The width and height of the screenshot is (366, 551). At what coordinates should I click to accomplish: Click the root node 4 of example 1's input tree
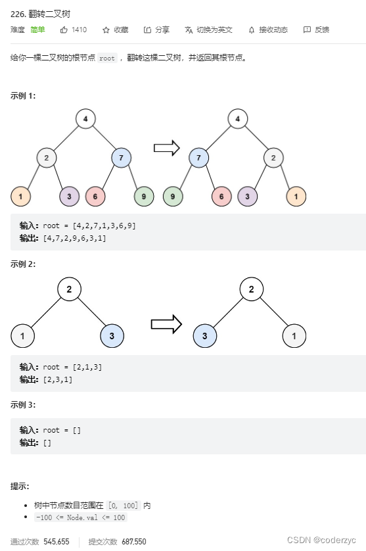click(85, 119)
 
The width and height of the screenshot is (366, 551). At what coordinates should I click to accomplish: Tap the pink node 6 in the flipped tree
click(222, 196)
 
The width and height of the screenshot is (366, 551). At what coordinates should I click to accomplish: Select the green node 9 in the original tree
click(144, 196)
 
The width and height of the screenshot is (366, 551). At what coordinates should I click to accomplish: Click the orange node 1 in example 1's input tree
click(21, 196)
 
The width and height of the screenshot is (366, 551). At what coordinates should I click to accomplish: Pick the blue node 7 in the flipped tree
click(198, 158)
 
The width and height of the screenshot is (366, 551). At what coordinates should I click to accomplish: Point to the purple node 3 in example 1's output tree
click(247, 196)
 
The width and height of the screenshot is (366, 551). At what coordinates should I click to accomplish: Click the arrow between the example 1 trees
click(167, 148)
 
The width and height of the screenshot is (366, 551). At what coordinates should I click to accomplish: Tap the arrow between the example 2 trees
click(166, 323)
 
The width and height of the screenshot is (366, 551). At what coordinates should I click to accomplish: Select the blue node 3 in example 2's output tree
click(205, 336)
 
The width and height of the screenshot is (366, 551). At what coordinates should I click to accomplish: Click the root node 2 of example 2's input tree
click(69, 289)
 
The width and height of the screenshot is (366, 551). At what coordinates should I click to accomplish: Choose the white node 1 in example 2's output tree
click(294, 336)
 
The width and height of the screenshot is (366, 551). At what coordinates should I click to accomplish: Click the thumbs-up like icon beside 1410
click(64, 30)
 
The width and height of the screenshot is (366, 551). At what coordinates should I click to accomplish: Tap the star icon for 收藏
click(106, 30)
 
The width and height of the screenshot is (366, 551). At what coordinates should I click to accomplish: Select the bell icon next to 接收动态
click(251, 30)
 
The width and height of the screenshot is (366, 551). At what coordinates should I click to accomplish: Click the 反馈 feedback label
click(322, 30)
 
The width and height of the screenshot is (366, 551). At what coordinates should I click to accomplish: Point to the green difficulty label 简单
click(38, 30)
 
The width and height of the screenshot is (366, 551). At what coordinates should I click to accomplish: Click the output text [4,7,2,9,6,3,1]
click(74, 238)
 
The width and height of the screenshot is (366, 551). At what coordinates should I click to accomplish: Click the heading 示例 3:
click(23, 404)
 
